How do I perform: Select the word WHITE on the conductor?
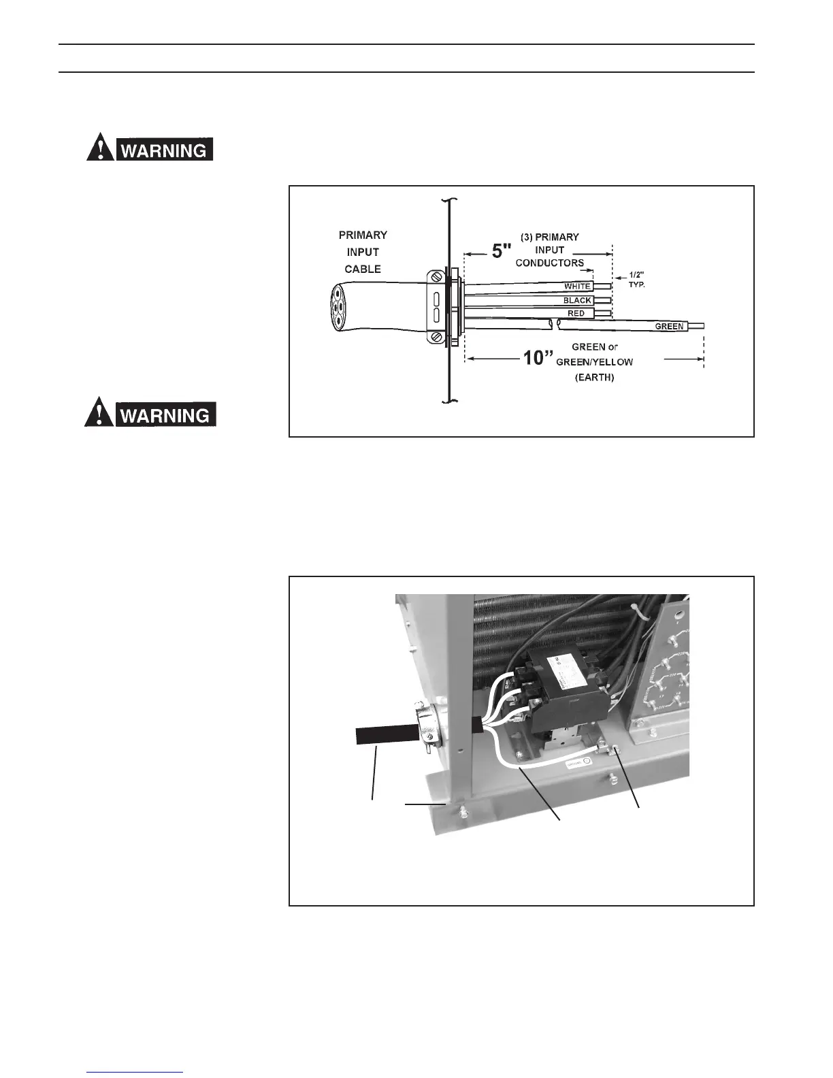[577, 287]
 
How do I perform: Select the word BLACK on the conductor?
[577, 300]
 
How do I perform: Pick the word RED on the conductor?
[576, 314]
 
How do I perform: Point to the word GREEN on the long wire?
[669, 327]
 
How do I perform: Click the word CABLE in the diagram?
[363, 269]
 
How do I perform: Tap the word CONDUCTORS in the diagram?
[549, 263]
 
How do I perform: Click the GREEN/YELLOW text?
[594, 362]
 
